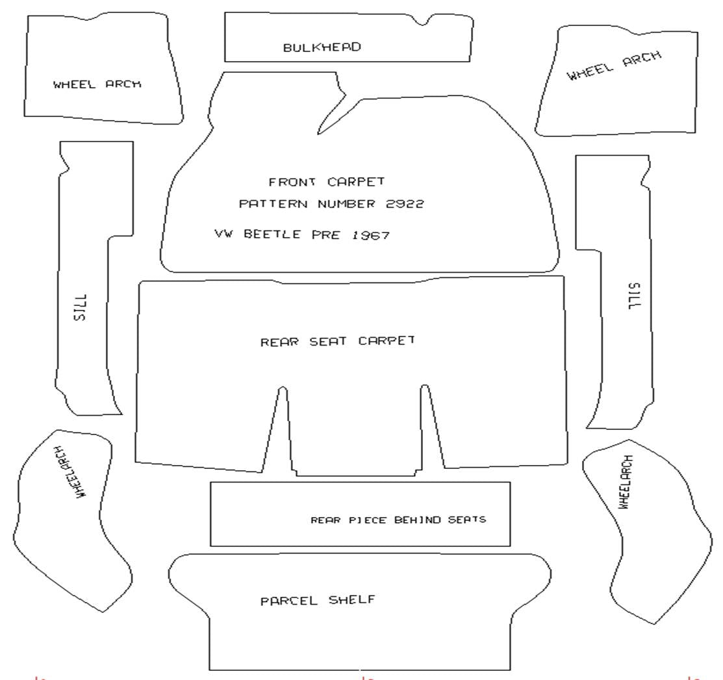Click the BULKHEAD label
coord(322,47)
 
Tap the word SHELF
coord(351,599)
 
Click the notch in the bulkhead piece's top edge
coord(424,22)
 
